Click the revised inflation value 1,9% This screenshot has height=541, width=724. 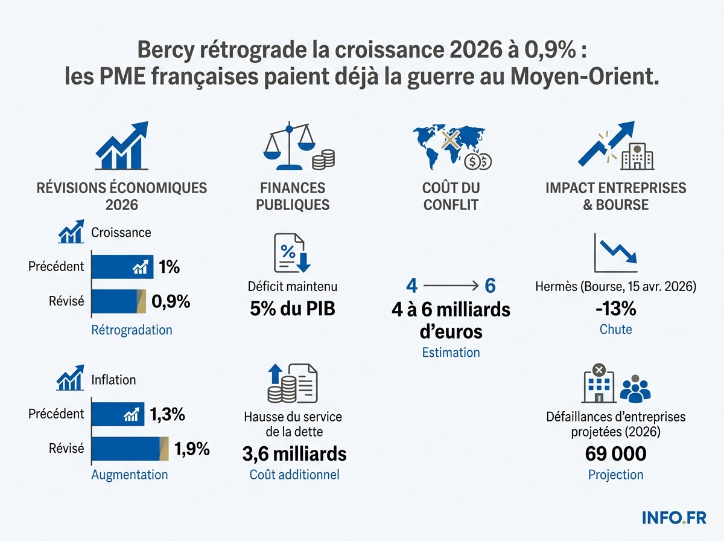192,449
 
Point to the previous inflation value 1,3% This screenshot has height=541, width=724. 167,414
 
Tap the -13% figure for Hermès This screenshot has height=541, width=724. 615,309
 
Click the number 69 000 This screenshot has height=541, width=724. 615,453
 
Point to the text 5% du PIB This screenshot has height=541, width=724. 293,309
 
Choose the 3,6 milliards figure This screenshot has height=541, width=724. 294,453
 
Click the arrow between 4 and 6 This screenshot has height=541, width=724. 450,286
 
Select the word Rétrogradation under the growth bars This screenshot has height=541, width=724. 132,330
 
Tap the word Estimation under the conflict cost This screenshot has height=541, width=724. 451,353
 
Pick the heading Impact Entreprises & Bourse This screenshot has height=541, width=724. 615,196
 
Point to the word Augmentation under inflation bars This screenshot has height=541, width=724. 129,475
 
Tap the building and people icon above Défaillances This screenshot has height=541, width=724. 615,385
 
